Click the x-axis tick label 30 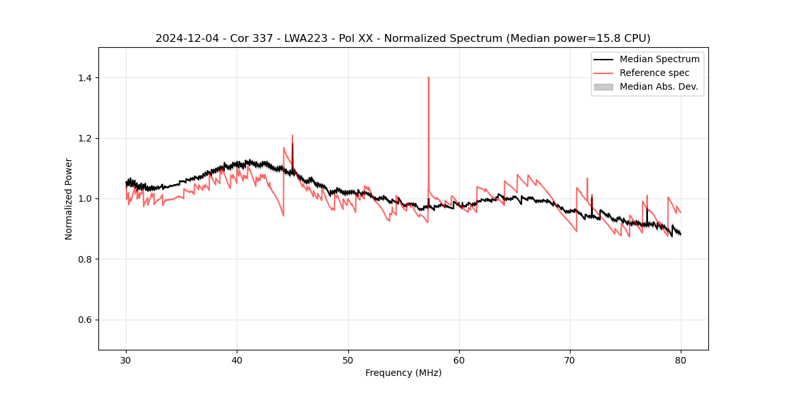coord(126,360)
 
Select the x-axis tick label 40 coord(237,360)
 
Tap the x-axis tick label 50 coord(348,360)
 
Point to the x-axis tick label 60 coord(459,360)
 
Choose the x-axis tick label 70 coord(570,360)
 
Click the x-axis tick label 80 coord(681,360)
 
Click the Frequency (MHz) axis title coord(403,373)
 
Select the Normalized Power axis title coord(69,198)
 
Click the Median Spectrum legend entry coord(659,59)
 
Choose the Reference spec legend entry coord(654,73)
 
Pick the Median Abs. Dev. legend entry coord(658,86)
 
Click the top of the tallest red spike coord(428,77)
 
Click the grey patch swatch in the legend coord(603,86)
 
